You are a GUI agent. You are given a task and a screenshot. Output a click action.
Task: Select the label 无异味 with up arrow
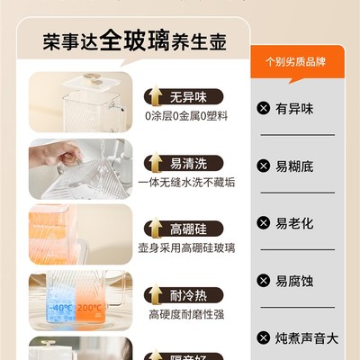click(185, 94)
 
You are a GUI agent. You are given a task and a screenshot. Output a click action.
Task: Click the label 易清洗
click(185, 164)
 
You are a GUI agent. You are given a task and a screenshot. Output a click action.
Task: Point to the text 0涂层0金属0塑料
click(186, 115)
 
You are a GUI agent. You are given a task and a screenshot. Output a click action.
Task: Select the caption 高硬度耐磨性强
click(186, 315)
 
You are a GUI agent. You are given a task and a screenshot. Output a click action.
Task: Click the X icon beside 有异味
click(263, 109)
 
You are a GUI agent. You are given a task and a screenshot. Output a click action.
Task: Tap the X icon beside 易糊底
click(263, 166)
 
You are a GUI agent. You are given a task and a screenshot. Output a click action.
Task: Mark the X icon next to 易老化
click(263, 222)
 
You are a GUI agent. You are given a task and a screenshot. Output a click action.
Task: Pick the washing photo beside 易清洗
click(80, 167)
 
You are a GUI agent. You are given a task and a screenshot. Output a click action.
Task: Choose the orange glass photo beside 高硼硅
click(80, 234)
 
